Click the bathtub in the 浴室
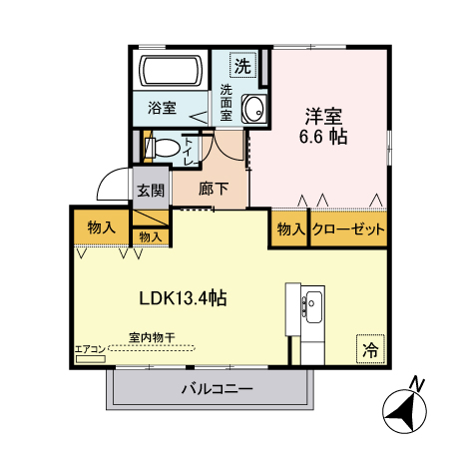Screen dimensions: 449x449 point(170,72)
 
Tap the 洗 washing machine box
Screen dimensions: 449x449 point(243,66)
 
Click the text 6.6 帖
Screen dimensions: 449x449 point(323,136)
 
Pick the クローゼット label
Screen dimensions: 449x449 point(348,229)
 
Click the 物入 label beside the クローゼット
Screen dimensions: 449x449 point(290,229)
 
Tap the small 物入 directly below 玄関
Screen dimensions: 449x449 point(151,237)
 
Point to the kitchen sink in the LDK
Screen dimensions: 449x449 point(312,301)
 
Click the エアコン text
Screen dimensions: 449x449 point(90,348)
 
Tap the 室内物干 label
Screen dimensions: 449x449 point(153,337)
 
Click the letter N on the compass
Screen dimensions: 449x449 point(420,383)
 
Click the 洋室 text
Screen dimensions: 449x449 point(323,114)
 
